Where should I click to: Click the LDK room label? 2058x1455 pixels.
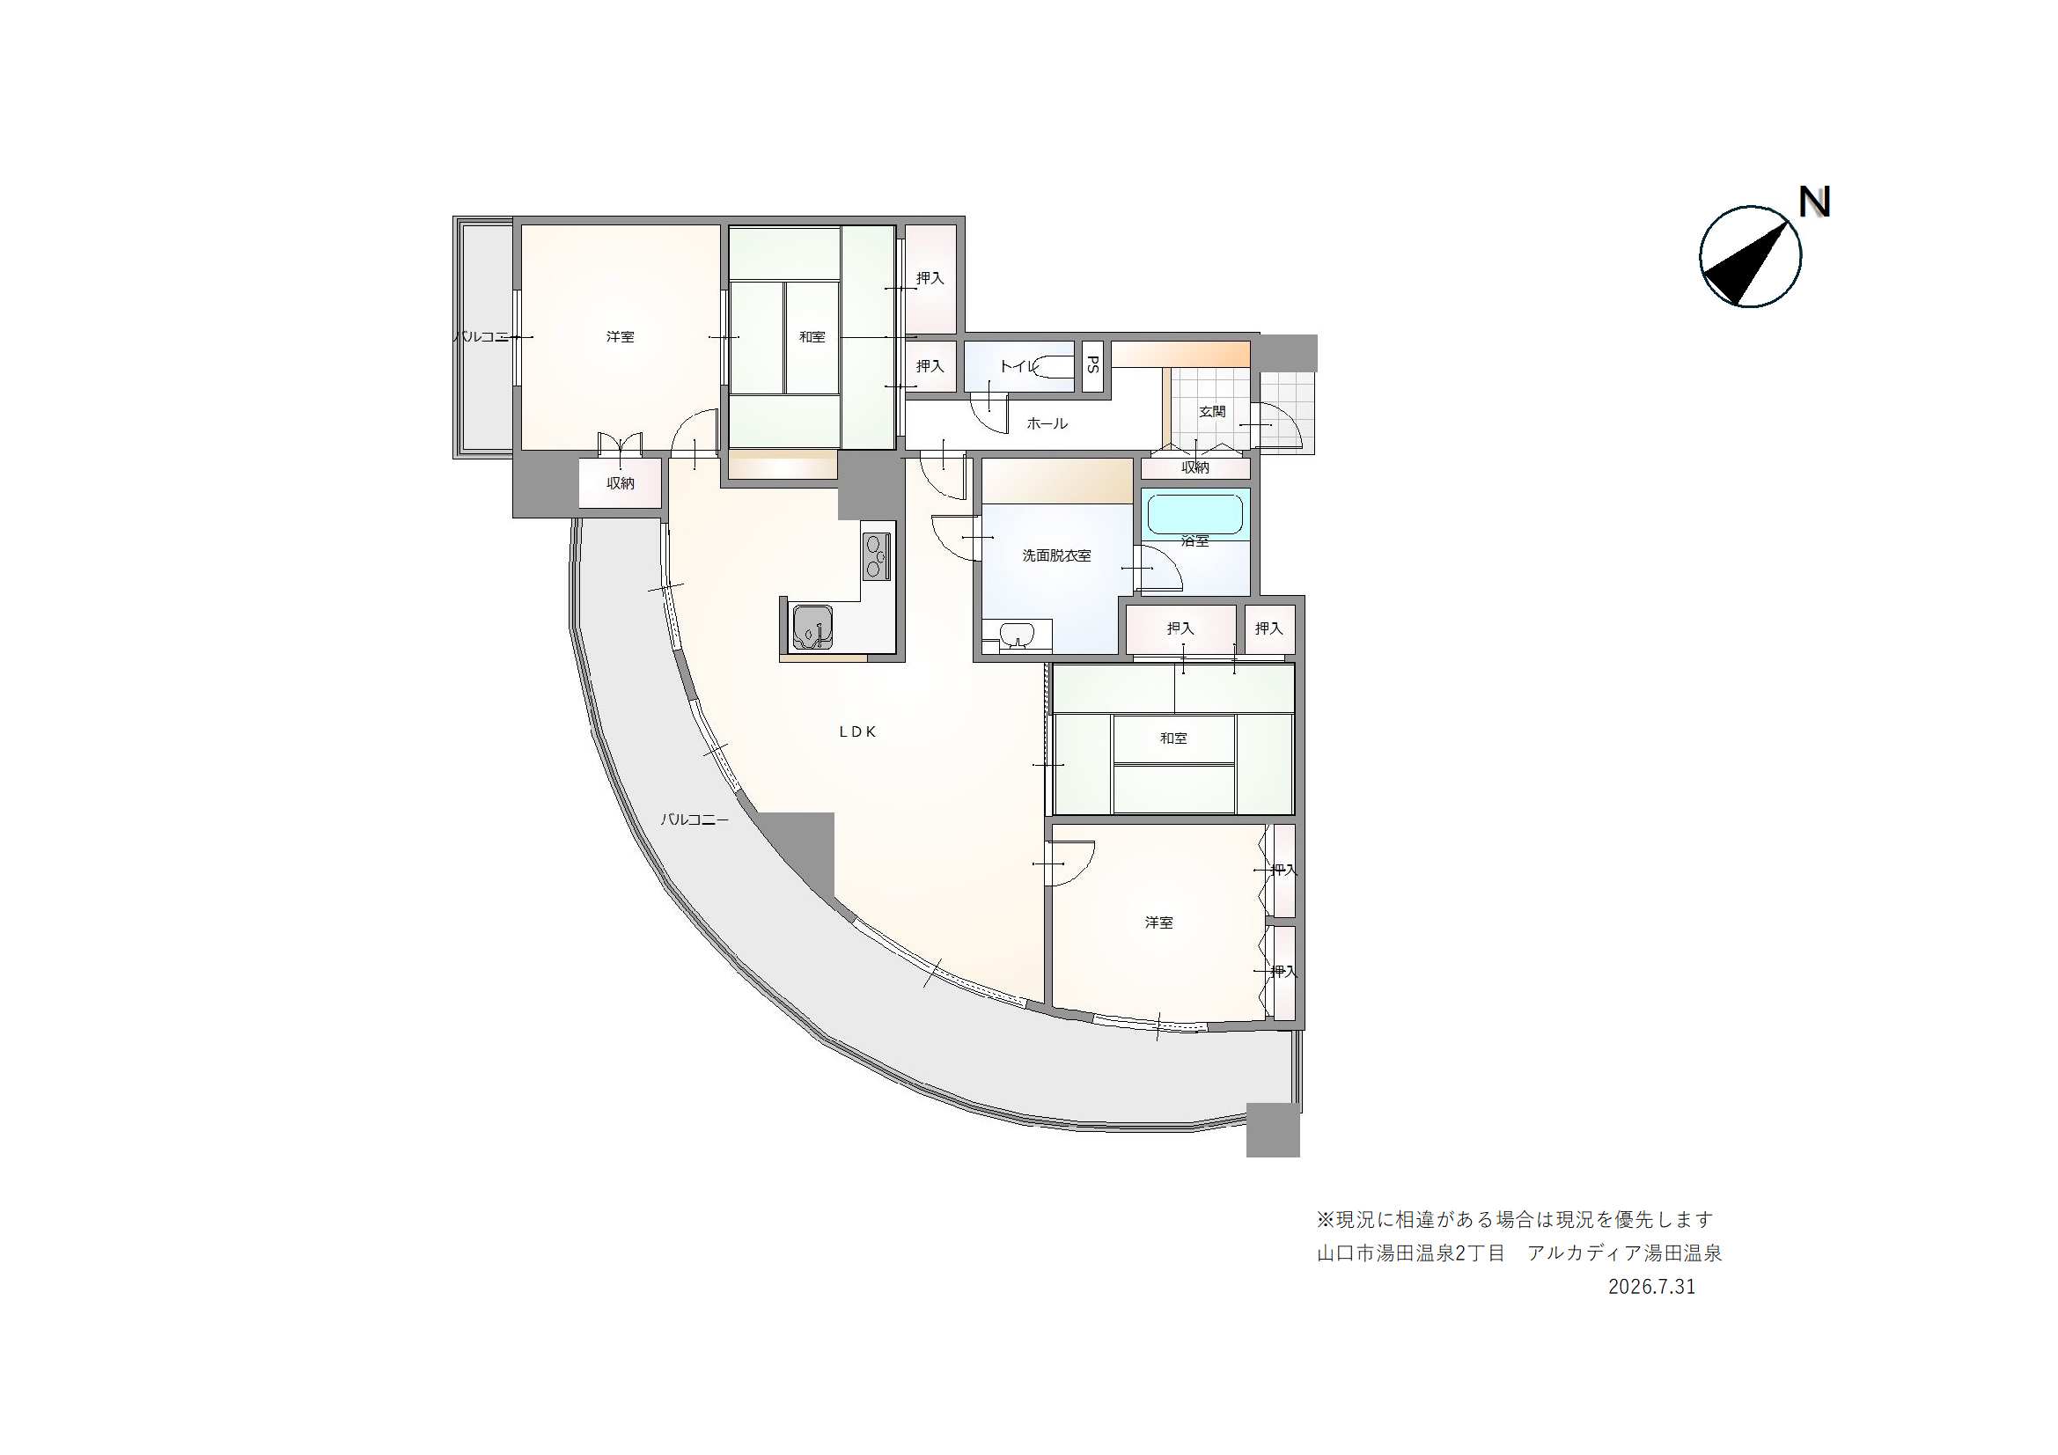[x=858, y=731]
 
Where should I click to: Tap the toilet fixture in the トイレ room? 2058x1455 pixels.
[x=1051, y=366]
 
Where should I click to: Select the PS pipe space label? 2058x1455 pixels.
[x=1092, y=365]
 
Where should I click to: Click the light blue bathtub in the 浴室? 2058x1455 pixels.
[x=1194, y=514]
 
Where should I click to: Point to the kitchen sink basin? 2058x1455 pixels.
[x=812, y=627]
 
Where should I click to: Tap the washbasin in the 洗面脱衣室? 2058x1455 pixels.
[x=1017, y=636]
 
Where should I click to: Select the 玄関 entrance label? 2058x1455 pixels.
[x=1212, y=411]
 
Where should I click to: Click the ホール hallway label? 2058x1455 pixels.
[x=1047, y=423]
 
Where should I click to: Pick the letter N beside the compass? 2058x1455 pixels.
[x=1814, y=202]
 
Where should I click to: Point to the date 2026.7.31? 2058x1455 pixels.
[x=1652, y=1287]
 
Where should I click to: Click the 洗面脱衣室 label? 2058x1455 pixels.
[x=1057, y=555]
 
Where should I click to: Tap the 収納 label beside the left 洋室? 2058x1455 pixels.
[x=621, y=483]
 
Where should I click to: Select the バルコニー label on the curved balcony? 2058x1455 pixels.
[x=695, y=819]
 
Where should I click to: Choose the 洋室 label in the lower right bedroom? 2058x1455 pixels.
[x=1159, y=922]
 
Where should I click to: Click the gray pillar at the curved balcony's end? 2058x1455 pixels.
[x=1273, y=1130]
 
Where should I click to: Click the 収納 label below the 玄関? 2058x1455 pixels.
[x=1194, y=468]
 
